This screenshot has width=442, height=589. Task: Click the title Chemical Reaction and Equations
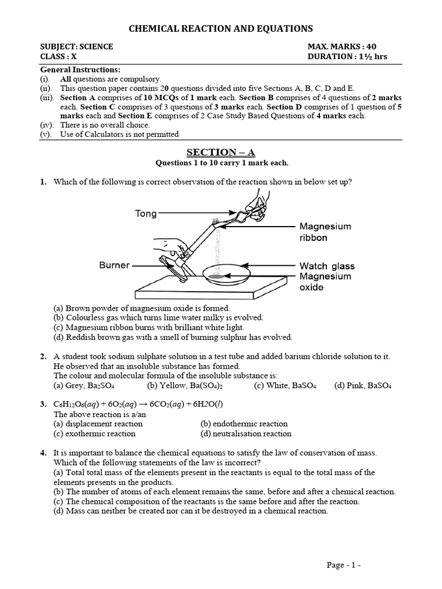pyautogui.click(x=220, y=28)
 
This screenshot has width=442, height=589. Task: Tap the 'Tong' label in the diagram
pyautogui.click(x=146, y=213)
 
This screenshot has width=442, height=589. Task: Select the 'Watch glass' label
pyautogui.click(x=327, y=266)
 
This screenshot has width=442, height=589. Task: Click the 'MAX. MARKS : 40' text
pyautogui.click(x=343, y=47)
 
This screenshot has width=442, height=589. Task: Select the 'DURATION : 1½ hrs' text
pyautogui.click(x=350, y=57)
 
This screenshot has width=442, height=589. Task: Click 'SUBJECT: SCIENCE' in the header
pyautogui.click(x=77, y=47)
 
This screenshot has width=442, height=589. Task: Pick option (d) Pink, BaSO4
pyautogui.click(x=363, y=386)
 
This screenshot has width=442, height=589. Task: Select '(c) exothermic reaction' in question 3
pyautogui.click(x=94, y=434)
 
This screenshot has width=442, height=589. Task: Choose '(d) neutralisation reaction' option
pyautogui.click(x=246, y=434)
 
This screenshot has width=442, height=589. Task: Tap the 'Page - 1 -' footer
pyautogui.click(x=344, y=565)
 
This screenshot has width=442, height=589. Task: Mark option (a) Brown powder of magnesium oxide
pyautogui.click(x=142, y=308)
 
